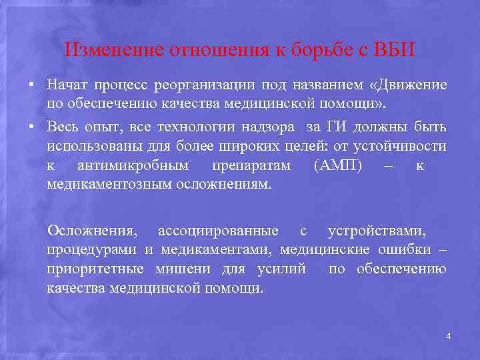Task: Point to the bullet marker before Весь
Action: click(31, 127)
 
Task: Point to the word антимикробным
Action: click(133, 165)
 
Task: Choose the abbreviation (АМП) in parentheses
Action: click(337, 165)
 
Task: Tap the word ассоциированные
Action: click(218, 231)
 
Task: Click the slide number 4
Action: click(448, 337)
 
